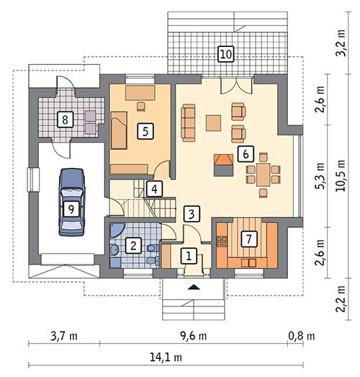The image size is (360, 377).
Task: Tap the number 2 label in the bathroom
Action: click(132, 245)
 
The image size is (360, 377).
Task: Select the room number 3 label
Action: click(191, 213)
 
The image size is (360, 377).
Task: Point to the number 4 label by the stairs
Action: click(153, 189)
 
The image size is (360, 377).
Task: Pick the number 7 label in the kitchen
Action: click(248, 238)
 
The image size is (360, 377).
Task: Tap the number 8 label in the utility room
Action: click(65, 119)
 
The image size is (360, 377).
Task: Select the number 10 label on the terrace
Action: click(225, 53)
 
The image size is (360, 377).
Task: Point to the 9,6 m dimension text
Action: click(192, 336)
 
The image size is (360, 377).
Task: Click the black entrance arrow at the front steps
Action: click(194, 286)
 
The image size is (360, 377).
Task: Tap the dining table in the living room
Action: click(264, 174)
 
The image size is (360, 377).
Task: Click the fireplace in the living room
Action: click(223, 164)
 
